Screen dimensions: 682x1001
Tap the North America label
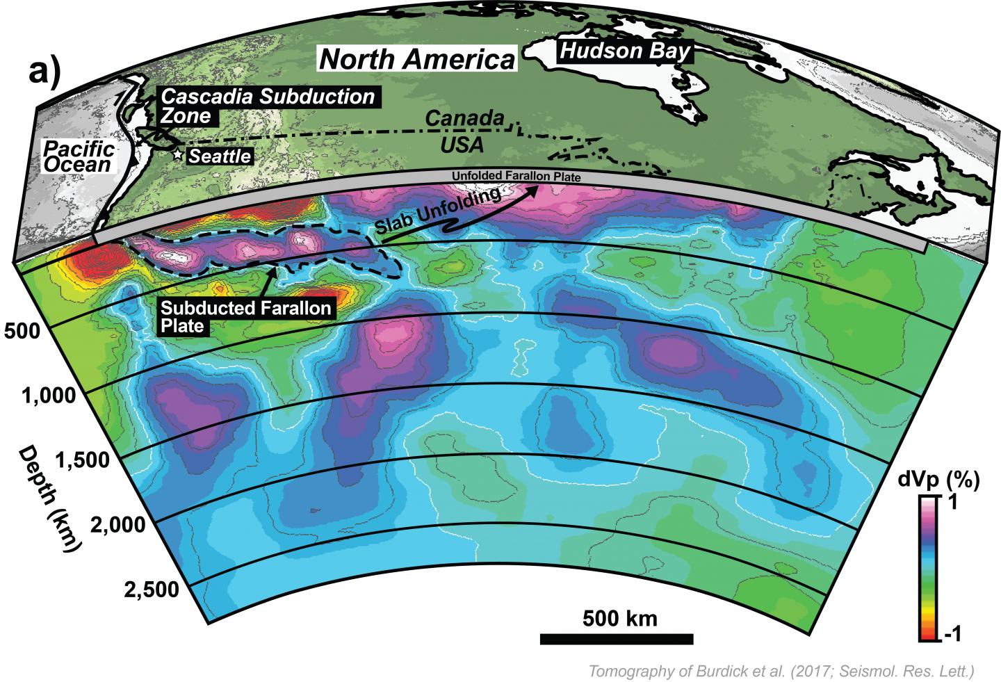coord(416,60)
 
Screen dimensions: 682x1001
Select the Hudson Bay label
coord(625,51)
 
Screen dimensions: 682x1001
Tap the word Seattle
coord(220,156)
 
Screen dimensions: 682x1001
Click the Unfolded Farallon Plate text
coord(515,177)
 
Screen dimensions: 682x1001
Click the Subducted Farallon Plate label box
coord(245,316)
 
